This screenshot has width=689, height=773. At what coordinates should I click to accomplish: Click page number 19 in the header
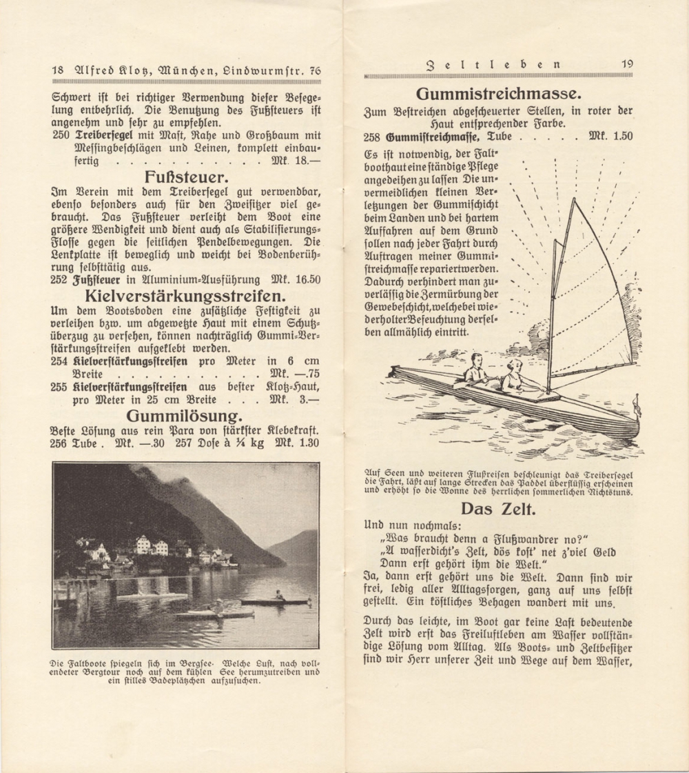[626, 63]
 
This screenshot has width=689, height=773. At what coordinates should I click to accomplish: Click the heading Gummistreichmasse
[500, 94]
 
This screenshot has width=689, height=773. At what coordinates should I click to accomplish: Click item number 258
[372, 137]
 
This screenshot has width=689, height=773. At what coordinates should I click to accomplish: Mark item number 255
[60, 388]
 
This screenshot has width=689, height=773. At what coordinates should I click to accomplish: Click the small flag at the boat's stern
[637, 408]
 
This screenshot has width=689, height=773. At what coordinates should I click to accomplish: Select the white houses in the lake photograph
[152, 546]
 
